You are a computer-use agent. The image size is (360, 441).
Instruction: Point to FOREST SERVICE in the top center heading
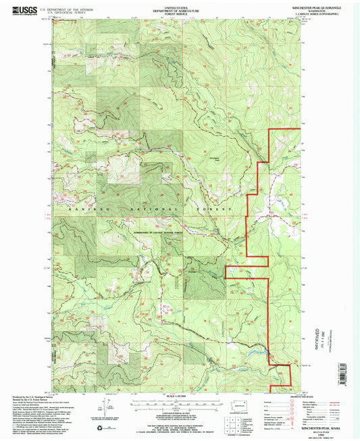point(180,14)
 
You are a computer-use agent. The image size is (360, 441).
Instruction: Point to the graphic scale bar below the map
point(180,404)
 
